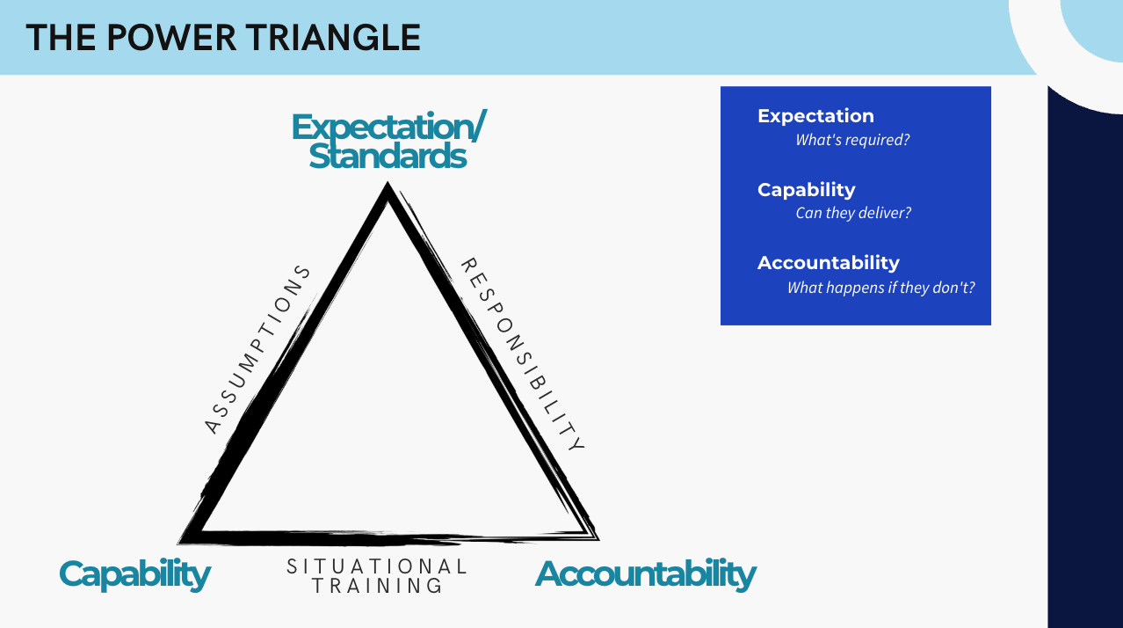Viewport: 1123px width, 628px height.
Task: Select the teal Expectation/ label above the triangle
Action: (x=388, y=128)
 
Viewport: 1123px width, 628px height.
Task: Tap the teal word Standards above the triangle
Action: (x=388, y=156)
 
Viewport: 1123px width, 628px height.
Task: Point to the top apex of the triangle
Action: (x=387, y=186)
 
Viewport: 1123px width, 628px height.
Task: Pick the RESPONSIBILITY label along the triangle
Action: (x=522, y=354)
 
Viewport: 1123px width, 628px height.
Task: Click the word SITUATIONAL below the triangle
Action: (x=377, y=566)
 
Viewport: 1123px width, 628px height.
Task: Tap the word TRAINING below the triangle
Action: (x=377, y=586)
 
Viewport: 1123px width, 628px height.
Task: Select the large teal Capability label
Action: (x=134, y=574)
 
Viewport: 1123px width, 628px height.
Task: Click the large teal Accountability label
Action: (x=646, y=574)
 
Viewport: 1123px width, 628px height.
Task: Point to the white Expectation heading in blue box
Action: (x=815, y=116)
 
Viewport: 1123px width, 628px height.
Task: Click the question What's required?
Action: (x=851, y=140)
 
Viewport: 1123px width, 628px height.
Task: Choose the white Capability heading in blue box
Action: (x=806, y=190)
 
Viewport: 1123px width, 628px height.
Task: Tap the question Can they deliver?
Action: (x=853, y=213)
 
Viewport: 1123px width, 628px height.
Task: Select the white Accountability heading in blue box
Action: (x=828, y=263)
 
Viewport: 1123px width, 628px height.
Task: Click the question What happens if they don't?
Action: (x=880, y=288)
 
